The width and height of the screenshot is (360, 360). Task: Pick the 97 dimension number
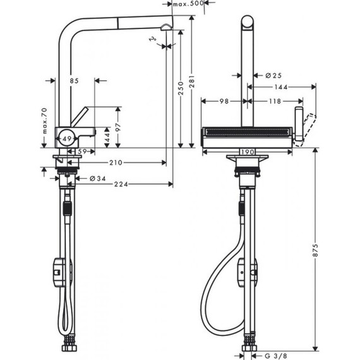coord(118,126)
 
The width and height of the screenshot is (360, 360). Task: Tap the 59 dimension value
coord(82,152)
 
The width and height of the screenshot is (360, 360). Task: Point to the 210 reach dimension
coord(115,163)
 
